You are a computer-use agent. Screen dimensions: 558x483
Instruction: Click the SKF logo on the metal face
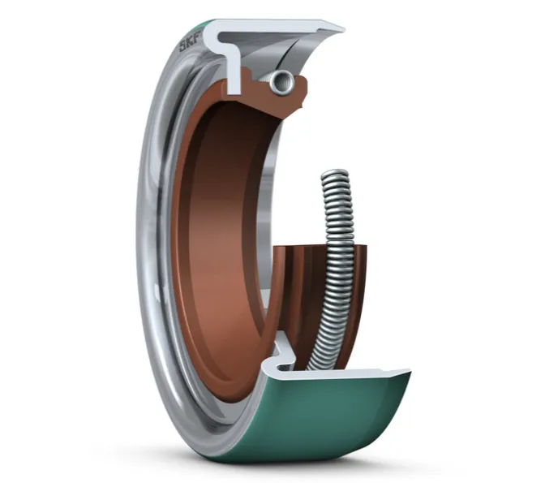191,44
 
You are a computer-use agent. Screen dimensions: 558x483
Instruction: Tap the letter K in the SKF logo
191,43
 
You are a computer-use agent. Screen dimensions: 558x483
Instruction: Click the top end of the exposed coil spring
335,175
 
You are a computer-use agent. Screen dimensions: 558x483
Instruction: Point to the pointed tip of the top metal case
342,28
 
